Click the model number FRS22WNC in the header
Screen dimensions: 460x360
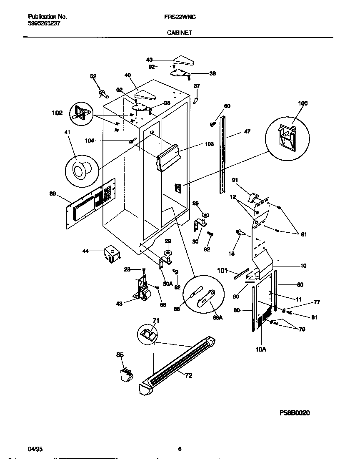click(179, 17)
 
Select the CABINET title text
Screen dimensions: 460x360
click(179, 33)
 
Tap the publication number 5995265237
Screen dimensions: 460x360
click(44, 23)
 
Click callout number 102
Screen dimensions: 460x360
click(57, 113)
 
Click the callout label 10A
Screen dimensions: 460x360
click(260, 350)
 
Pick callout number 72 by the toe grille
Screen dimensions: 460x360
click(188, 376)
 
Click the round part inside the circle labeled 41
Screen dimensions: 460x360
click(79, 170)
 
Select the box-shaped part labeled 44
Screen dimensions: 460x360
click(111, 254)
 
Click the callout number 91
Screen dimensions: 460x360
click(235, 180)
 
